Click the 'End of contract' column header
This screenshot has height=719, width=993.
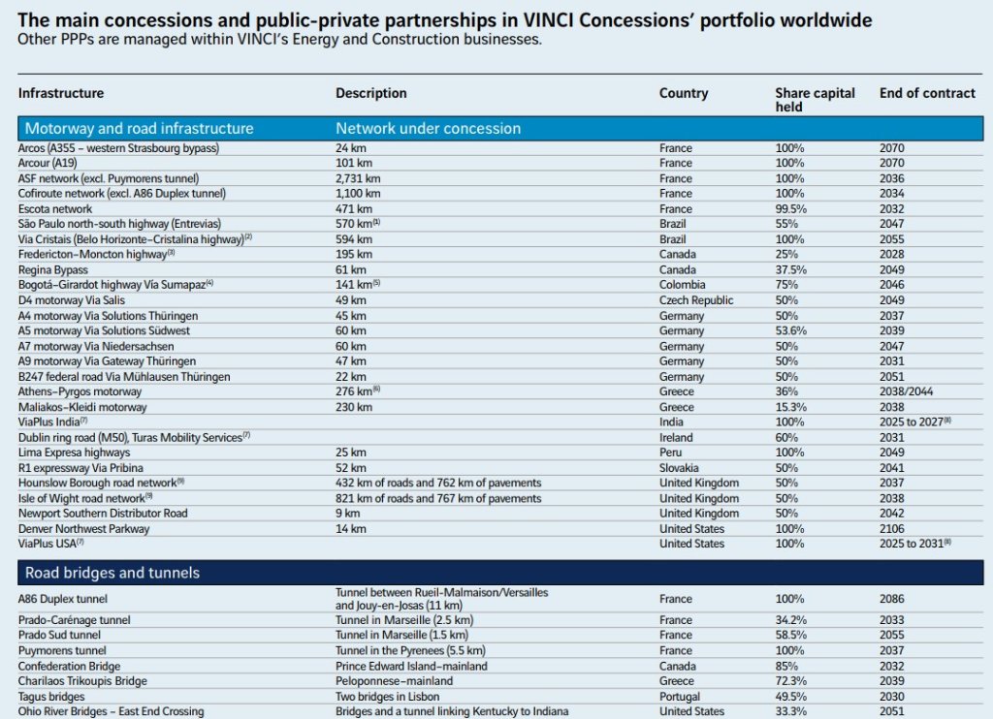926,93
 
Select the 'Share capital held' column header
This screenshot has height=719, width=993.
815,100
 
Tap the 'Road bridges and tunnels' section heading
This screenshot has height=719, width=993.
112,573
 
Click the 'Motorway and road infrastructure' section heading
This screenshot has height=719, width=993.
139,128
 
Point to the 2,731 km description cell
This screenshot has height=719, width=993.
354,178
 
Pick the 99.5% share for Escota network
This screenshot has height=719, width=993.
791,208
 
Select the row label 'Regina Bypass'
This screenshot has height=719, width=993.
53,269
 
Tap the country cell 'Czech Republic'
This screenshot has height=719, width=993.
695,300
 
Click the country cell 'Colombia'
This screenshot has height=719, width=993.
683,285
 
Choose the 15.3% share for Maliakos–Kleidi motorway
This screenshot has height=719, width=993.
791,407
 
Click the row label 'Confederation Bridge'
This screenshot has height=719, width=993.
69,666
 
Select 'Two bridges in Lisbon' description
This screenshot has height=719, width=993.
387,697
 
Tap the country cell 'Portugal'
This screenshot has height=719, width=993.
680,697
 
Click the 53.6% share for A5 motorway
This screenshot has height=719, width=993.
791,330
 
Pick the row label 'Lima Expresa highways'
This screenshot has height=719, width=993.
74,453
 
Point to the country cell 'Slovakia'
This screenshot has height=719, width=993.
680,467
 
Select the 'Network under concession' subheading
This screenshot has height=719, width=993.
428,128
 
